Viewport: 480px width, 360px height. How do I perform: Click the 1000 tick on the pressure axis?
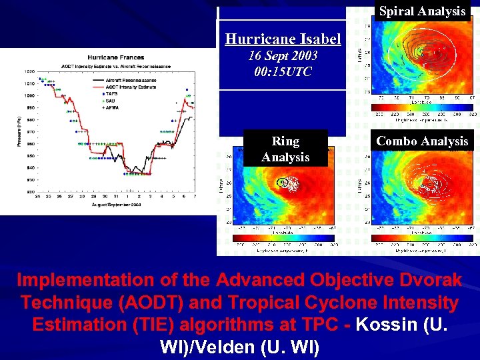point(29,95)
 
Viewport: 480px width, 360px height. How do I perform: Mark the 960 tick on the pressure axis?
point(30,143)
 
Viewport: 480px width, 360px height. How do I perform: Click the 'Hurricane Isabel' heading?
point(283,39)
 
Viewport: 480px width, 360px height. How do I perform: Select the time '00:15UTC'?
point(283,71)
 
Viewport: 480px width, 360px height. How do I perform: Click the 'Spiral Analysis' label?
point(422,11)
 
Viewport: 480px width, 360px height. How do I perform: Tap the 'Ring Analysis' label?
point(285,149)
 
